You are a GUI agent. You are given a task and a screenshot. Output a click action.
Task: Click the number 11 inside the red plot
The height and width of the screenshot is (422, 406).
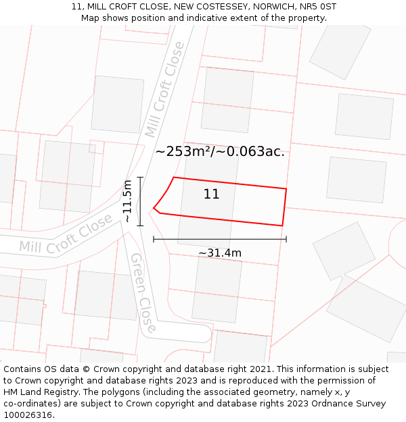click(211, 194)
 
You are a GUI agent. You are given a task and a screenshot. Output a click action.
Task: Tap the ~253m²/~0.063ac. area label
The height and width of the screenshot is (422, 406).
click(220, 152)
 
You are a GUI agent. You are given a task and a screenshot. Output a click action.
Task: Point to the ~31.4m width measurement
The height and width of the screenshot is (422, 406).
click(220, 253)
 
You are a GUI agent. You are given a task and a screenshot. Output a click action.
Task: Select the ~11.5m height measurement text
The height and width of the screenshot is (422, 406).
click(127, 201)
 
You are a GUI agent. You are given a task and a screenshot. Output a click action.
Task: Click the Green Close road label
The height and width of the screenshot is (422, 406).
click(143, 292)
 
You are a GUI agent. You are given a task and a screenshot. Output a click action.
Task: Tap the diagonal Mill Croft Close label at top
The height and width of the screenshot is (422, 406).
click(164, 88)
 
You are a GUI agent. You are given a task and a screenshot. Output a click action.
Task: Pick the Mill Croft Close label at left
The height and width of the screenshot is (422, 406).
click(66, 234)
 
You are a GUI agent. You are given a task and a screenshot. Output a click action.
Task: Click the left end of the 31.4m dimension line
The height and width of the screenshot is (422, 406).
click(154, 238)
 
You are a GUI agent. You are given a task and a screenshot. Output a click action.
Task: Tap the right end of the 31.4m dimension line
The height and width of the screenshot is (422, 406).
click(286, 238)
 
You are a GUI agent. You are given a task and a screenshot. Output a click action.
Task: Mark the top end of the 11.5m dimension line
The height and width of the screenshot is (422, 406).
click(140, 178)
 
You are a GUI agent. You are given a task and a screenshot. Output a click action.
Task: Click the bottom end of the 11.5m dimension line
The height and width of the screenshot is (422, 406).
click(140, 225)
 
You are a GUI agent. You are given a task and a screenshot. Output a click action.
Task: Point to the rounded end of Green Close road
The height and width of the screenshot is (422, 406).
click(203, 332)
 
